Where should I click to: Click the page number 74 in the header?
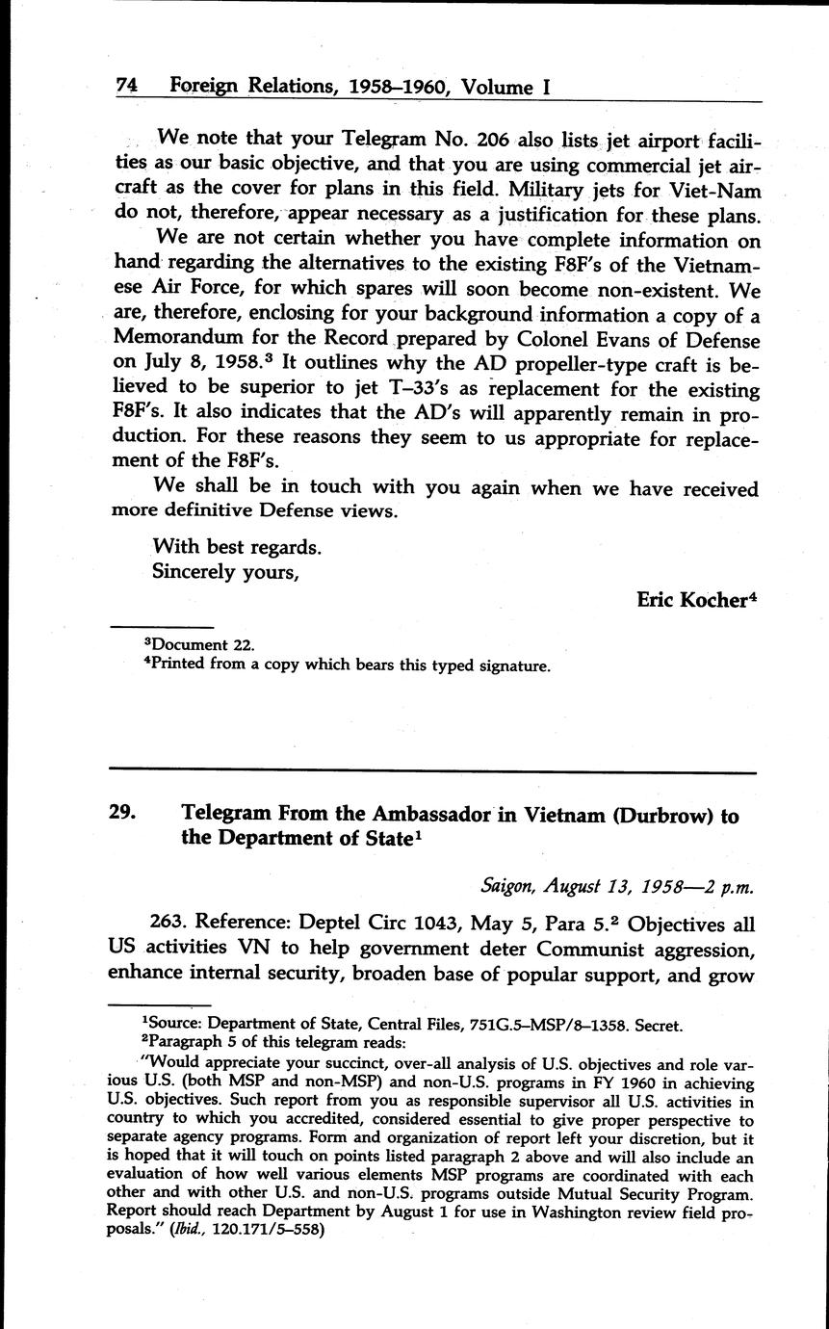click(126, 86)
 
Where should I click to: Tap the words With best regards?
click(236, 547)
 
